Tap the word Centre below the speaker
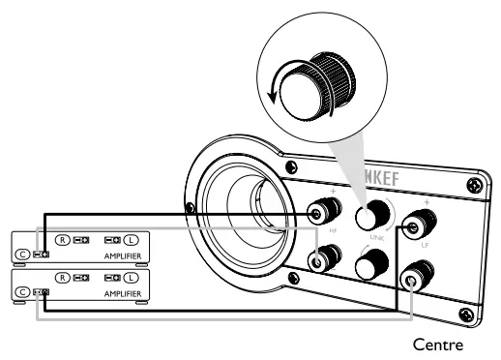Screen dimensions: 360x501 pos(440,343)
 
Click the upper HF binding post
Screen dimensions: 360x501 pos(317,212)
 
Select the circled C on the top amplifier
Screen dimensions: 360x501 pos(21,255)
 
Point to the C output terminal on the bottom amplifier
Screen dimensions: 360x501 pos(41,291)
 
